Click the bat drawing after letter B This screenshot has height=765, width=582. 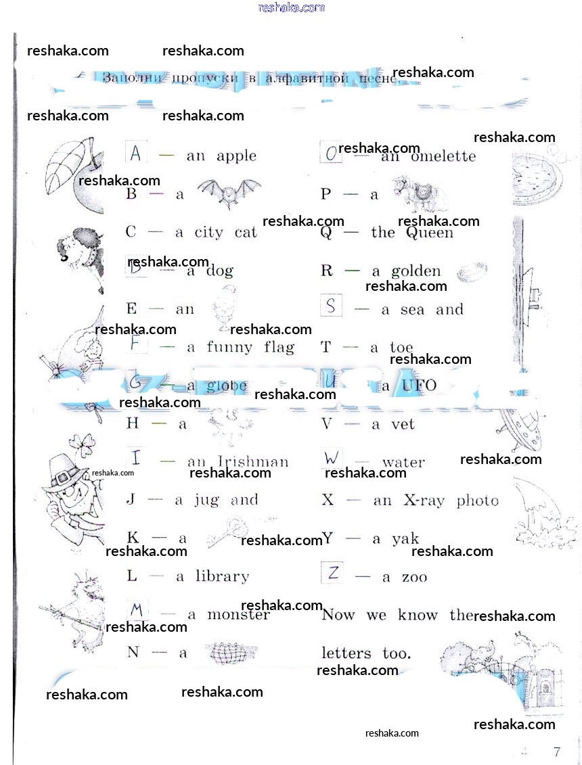[x=228, y=193]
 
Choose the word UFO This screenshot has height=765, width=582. [x=419, y=386]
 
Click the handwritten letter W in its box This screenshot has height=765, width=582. [x=331, y=458]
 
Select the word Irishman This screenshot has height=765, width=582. [x=254, y=462]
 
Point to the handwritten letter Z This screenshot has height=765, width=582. [x=333, y=574]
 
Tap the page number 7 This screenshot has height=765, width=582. [x=556, y=751]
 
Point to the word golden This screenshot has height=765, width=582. [x=416, y=271]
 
